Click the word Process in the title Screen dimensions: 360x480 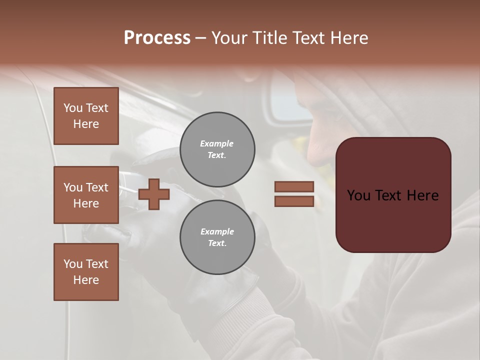(157, 37)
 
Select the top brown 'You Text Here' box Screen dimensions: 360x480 (86, 116)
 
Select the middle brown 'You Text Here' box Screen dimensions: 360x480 (86, 195)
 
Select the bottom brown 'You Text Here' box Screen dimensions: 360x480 (86, 272)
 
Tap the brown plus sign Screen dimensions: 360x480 (154, 194)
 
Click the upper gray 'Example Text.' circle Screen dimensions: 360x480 (217, 149)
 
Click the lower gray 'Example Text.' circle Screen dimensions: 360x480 (217, 237)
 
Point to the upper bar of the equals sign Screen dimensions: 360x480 (294, 186)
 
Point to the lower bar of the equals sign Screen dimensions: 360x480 (294, 201)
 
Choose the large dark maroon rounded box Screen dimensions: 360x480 (393, 195)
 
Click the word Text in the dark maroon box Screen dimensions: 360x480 (393, 195)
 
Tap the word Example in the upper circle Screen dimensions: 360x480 (217, 143)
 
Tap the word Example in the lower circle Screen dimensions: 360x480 (217, 231)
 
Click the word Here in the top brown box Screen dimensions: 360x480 (86, 124)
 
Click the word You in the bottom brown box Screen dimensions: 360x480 (73, 264)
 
